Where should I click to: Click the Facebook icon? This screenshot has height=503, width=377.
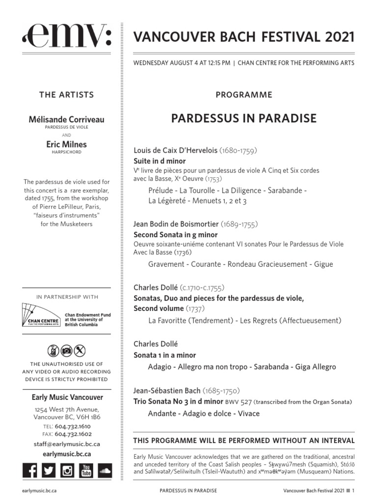pos(30,471)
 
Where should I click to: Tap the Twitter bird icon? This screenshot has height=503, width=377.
pos(48,471)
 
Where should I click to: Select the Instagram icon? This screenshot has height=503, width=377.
pos(67,471)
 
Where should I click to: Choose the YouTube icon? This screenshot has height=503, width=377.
pos(86,471)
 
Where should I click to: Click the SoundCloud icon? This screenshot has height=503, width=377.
pos(104,471)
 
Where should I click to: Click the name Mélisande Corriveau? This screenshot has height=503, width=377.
pos(66,119)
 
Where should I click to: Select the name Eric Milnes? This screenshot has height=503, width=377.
pos(66,144)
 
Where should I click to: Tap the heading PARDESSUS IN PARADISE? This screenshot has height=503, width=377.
pos(243,118)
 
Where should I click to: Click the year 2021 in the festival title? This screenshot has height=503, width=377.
pos(339,37)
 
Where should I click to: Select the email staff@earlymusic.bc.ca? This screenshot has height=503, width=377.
pos(66,444)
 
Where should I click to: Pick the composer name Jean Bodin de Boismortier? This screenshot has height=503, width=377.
pos(176,224)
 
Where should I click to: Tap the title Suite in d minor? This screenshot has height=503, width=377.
pos(160,161)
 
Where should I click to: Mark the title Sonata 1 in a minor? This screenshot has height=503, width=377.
pos(164,355)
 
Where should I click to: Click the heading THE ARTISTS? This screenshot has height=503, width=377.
pos(66,95)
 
